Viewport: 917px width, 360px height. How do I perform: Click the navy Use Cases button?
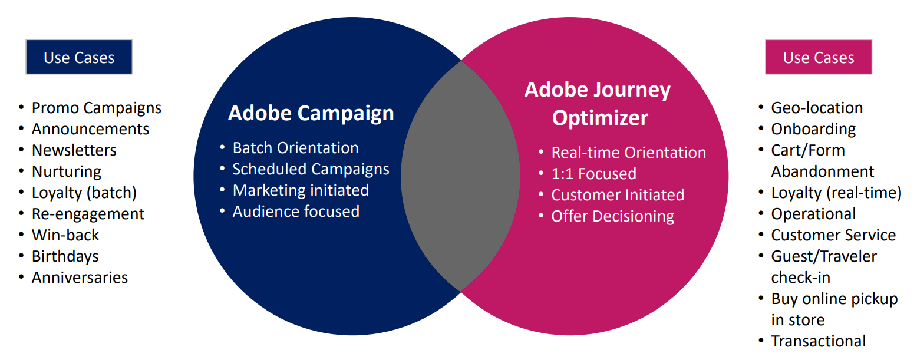coord(79,57)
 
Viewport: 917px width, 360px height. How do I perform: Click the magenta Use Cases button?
coord(818,57)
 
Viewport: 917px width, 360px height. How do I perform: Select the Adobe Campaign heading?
coord(311,113)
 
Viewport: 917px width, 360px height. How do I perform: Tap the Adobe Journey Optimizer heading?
coord(598,104)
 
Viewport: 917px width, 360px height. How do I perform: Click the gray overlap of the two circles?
coord(460,176)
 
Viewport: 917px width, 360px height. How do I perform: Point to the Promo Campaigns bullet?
coord(96,108)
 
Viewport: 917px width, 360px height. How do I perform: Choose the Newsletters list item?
coord(74,150)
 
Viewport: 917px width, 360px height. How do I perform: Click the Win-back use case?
coord(65,235)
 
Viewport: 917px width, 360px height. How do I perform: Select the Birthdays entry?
coord(65,256)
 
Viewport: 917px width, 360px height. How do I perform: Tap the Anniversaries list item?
coord(80,278)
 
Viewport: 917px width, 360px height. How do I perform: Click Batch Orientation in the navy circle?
coord(295,148)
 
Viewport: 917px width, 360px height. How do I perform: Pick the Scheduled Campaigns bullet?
coord(311,169)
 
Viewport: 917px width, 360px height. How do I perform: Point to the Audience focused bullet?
coord(296,212)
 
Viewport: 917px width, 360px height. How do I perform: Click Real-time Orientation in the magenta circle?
coord(628,153)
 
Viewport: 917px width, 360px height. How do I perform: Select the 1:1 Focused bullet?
coord(593,174)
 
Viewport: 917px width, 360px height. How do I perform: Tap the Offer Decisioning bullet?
coord(612,216)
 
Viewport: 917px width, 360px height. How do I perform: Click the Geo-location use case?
coord(817,108)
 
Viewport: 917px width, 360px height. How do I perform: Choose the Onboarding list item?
coord(813,129)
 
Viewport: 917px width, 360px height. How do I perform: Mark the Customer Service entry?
coord(833,235)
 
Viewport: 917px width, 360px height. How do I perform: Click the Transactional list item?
coord(819,341)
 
